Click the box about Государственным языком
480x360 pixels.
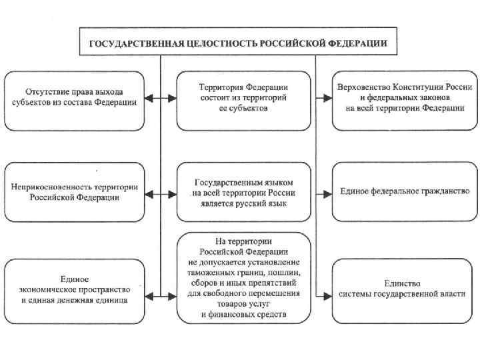tap(243, 192)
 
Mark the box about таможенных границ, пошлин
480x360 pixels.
tap(243, 277)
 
